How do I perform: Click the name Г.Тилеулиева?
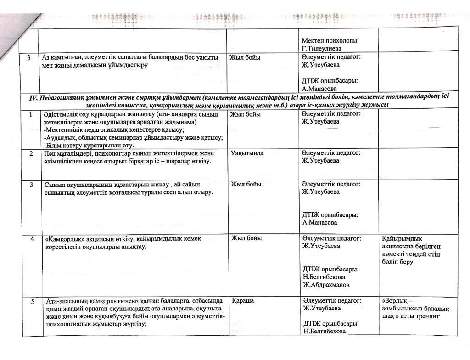[321, 48]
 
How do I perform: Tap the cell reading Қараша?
[243, 300]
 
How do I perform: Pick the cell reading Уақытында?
[247, 153]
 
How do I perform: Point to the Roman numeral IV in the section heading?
[33, 97]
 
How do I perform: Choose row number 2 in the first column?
[31, 153]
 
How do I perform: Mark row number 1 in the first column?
[31, 114]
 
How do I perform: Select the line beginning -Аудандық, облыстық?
[133, 137]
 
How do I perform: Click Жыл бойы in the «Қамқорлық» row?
[246, 238]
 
